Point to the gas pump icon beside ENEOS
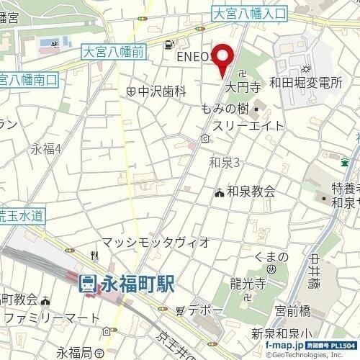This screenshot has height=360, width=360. tap(168, 44)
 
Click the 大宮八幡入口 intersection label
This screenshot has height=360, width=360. tap(250, 13)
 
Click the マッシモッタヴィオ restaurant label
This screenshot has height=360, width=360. tap(155, 242)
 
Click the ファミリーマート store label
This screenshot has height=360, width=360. tap(49, 317)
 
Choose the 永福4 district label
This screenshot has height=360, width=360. tap(46, 150)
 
